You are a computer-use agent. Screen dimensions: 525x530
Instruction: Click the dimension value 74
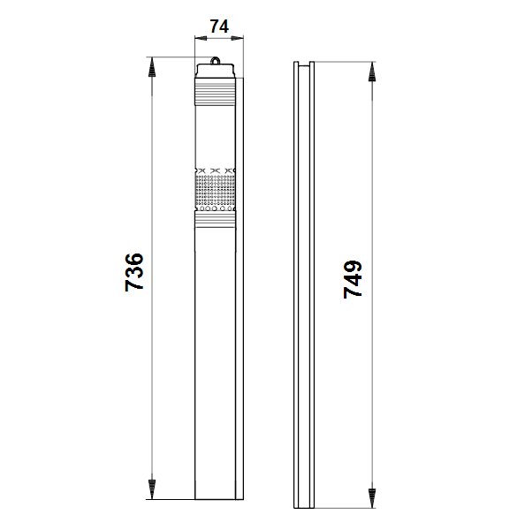click(x=219, y=26)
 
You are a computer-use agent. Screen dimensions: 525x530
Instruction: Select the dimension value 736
click(x=134, y=272)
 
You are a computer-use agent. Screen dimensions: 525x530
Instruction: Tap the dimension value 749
click(x=353, y=279)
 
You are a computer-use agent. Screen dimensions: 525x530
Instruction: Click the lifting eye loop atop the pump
click(x=215, y=61)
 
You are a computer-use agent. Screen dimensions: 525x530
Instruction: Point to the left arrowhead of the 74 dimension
click(x=201, y=38)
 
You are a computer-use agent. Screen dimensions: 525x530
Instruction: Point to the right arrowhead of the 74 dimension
click(x=238, y=38)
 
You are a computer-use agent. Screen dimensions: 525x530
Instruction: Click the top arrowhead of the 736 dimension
click(x=152, y=67)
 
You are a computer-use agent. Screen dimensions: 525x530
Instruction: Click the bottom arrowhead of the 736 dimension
click(x=152, y=489)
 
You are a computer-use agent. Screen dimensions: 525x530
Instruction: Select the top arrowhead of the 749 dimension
click(x=372, y=72)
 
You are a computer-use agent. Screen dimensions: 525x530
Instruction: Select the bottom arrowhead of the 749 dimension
click(x=372, y=498)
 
